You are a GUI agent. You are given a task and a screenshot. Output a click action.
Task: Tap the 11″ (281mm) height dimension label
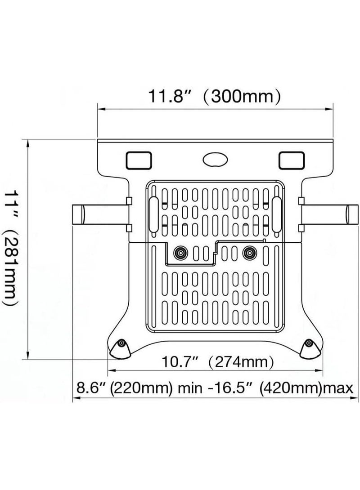11,247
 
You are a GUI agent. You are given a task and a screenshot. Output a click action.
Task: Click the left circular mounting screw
180,253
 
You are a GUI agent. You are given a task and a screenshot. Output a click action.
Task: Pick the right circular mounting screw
248,253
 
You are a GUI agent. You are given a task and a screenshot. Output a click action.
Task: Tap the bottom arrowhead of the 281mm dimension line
29,355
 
